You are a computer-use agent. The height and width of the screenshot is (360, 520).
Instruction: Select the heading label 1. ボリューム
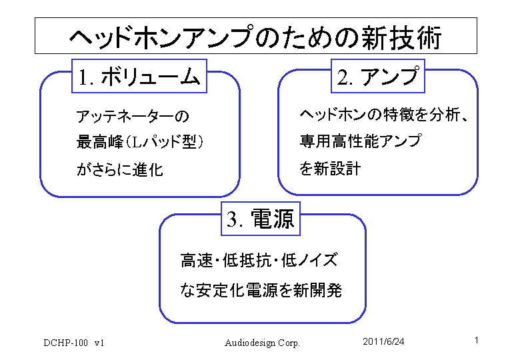tap(139, 77)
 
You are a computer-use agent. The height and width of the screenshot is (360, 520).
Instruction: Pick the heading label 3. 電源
tap(261, 219)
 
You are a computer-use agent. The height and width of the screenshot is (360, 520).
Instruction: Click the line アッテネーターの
tap(133, 117)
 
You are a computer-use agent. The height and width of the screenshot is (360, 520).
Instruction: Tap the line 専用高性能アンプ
tap(361, 141)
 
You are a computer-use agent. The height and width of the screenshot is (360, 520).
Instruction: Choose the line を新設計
tap(330, 168)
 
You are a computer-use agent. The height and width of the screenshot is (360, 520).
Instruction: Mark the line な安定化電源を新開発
tap(261, 290)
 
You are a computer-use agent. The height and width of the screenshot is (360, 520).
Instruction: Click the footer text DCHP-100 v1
tap(74, 343)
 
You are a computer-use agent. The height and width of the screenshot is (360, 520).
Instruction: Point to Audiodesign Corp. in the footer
tap(262, 343)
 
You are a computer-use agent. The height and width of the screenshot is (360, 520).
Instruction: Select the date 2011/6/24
tap(383, 341)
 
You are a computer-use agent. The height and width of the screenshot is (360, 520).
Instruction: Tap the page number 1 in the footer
tap(477, 341)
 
